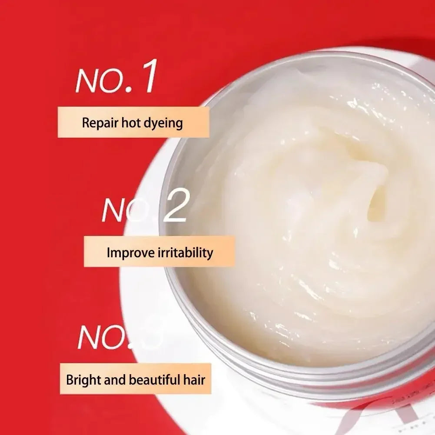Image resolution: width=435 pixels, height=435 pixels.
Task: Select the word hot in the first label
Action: [132, 123]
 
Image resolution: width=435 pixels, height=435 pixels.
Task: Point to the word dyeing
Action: [165, 123]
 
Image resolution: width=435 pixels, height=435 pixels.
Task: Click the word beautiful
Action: [154, 380]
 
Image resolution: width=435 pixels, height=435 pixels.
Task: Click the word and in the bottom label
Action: [116, 380]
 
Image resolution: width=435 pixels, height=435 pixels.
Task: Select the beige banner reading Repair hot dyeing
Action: [133, 123]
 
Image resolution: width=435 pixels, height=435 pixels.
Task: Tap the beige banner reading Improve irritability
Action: [159, 252]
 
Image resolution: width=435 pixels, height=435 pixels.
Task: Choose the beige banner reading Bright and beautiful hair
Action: [135, 379]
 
